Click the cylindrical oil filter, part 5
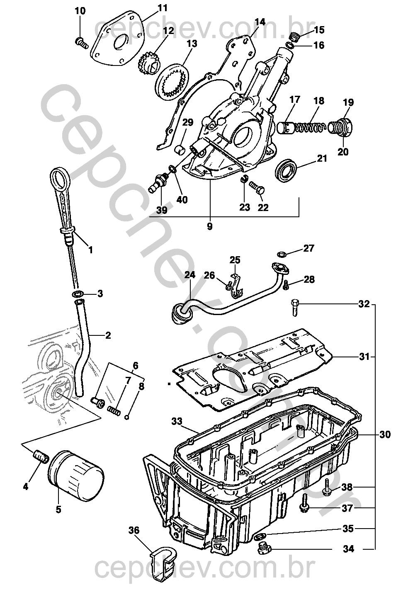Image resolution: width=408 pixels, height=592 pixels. pyautogui.click(x=75, y=473)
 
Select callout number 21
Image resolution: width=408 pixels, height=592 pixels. pyautogui.click(x=322, y=158)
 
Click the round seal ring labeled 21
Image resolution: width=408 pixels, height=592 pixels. pyautogui.click(x=286, y=170)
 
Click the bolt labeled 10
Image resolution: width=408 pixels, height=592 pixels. pyautogui.click(x=81, y=42)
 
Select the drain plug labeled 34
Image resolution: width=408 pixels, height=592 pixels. pyautogui.click(x=262, y=549)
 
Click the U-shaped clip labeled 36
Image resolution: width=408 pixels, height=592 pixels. pyautogui.click(x=163, y=564)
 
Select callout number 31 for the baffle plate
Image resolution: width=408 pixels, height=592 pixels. pyautogui.click(x=364, y=357)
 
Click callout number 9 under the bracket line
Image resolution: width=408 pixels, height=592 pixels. pyautogui.click(x=209, y=227)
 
